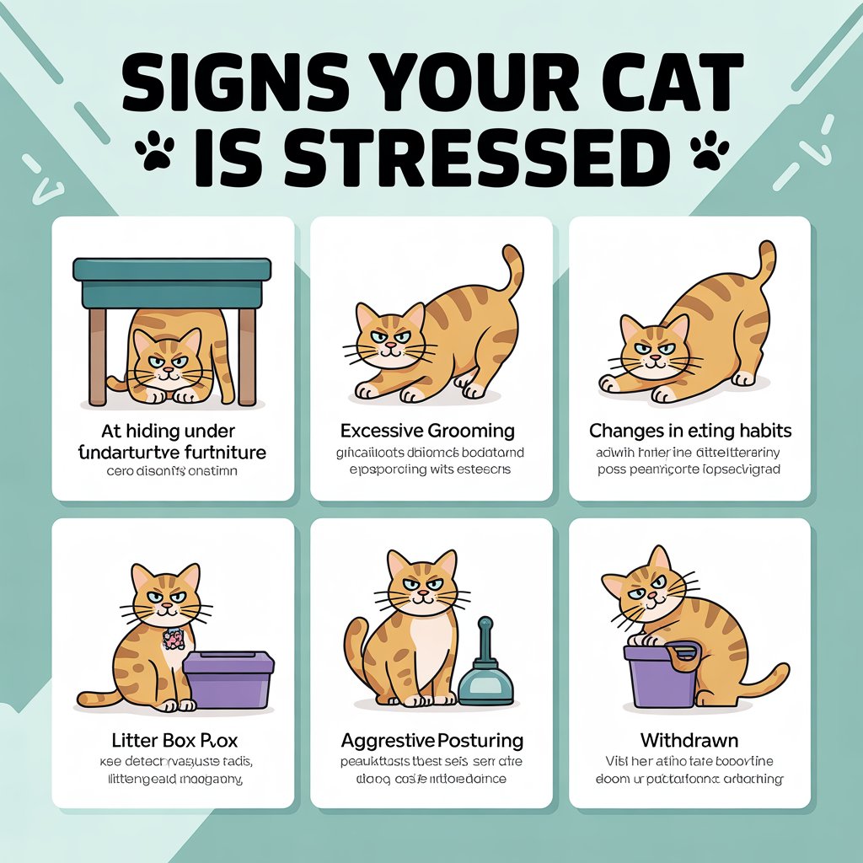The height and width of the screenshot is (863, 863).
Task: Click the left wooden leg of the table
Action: coord(98,354)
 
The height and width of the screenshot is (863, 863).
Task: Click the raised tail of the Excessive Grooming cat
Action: coord(512,270)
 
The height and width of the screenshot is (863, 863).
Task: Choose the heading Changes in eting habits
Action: coord(689,431)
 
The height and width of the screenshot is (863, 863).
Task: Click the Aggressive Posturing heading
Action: coord(431,741)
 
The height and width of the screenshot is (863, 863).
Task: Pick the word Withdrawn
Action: coord(689,741)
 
